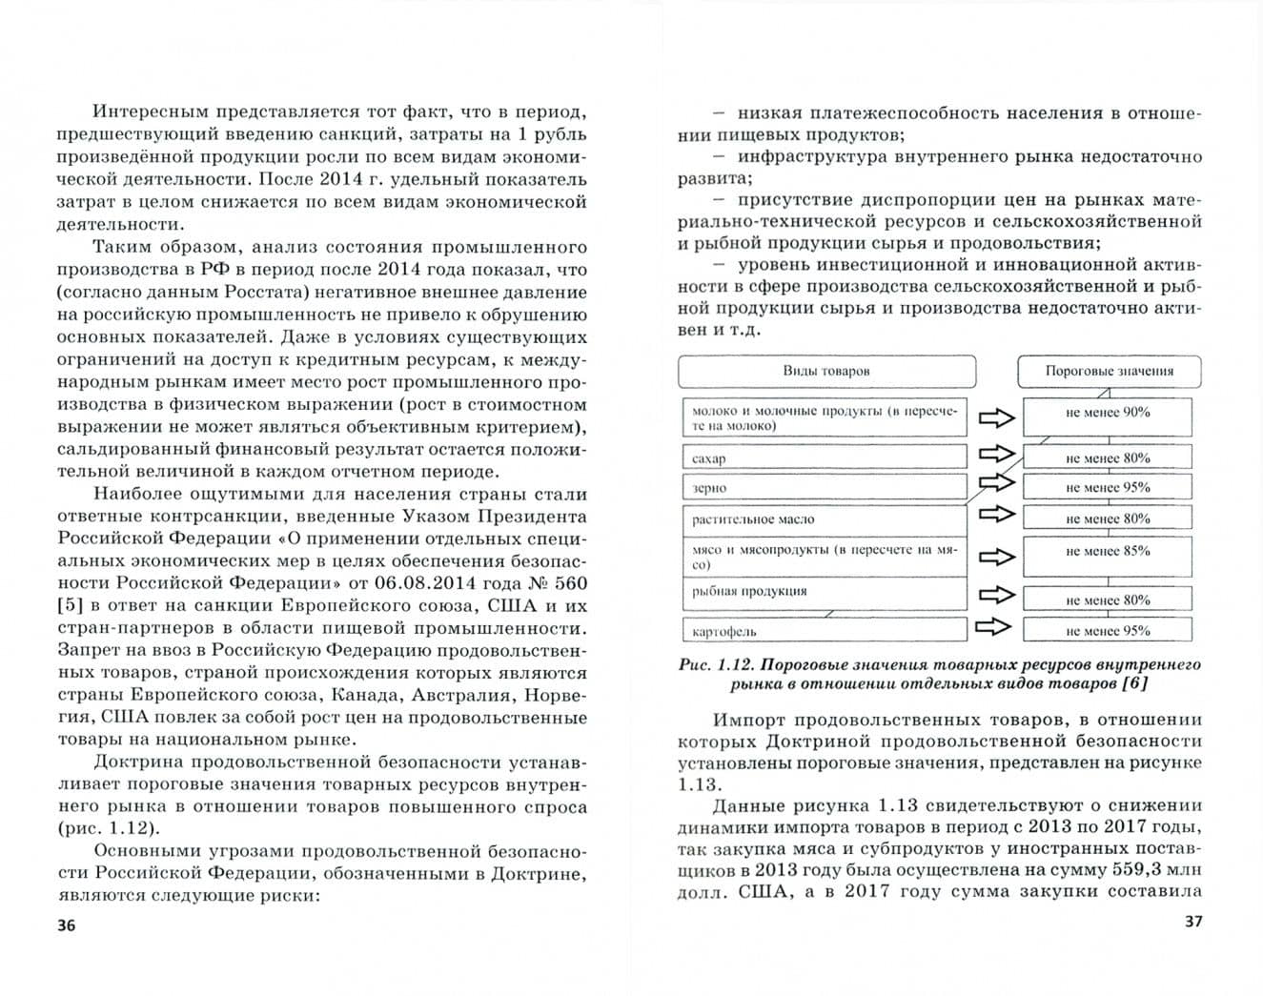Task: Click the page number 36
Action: [x=65, y=925]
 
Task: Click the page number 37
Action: [x=1192, y=922]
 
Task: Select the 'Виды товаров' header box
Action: [x=826, y=371]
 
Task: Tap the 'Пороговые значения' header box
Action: [x=1109, y=371]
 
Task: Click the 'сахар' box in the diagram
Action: [x=825, y=457]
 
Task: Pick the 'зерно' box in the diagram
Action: [x=825, y=487]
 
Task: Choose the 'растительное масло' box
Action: [x=825, y=519]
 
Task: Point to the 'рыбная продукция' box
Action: [x=825, y=592]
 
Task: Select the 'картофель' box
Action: [x=825, y=630]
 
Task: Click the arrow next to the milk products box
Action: [x=995, y=417]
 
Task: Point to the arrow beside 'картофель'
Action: [x=995, y=627]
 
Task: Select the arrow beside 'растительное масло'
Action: [x=995, y=515]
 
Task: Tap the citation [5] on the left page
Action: [x=71, y=606]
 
